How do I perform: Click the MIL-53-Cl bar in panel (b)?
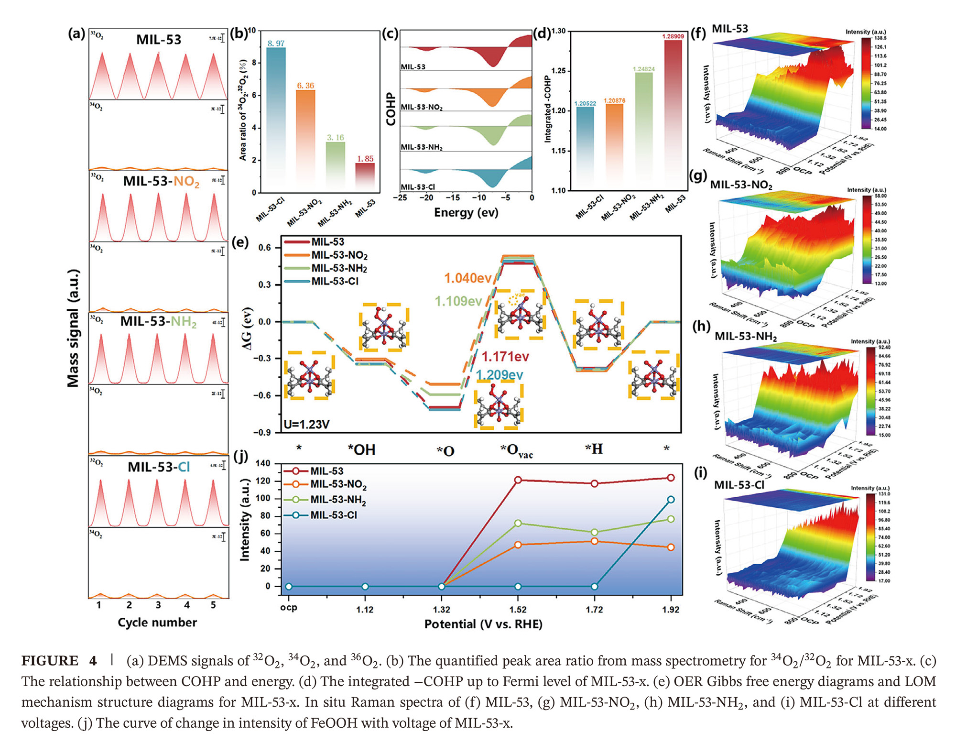coord(276,120)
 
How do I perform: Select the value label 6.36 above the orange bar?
coord(305,86)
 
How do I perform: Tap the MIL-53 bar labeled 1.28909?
coord(673,115)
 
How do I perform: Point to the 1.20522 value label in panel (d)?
coord(585,103)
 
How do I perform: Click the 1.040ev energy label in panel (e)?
coord(467,278)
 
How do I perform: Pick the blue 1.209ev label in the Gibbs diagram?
coord(500,375)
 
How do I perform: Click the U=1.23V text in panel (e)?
coord(307,424)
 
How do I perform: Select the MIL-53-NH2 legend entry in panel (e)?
coord(339,268)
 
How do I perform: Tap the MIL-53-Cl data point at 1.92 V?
coord(671,500)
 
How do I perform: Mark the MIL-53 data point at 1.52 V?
coord(518,480)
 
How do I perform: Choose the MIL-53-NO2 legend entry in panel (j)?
coord(338,484)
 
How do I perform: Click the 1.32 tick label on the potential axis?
coord(441,610)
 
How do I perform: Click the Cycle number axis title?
coord(157,623)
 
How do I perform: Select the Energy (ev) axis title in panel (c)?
coord(466,213)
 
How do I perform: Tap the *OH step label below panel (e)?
coord(361,450)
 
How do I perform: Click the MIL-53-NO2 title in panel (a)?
coord(161,182)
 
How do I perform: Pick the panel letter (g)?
coord(698,176)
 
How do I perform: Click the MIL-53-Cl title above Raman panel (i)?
coord(739,485)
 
